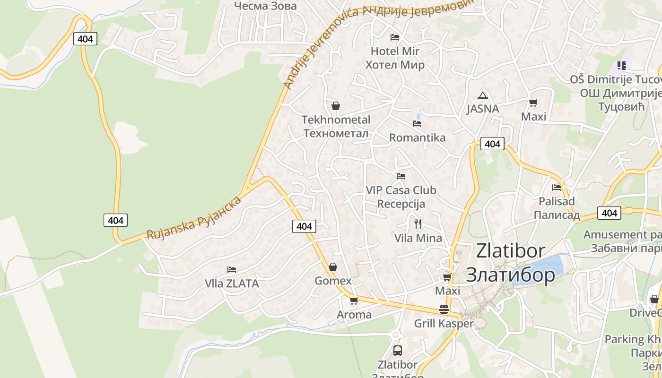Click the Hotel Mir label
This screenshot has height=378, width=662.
(x=395, y=51)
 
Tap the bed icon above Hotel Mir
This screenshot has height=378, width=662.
(x=395, y=37)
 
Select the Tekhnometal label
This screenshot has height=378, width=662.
(x=336, y=120)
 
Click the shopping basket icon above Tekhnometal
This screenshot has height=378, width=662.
(x=336, y=106)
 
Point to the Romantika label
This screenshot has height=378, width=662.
(x=417, y=137)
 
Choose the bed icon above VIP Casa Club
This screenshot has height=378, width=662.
(x=401, y=176)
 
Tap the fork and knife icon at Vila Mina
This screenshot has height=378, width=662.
(x=418, y=223)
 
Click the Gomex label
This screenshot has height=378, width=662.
(x=333, y=281)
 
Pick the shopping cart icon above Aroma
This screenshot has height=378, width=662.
(x=354, y=301)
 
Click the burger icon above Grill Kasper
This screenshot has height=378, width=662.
(x=444, y=309)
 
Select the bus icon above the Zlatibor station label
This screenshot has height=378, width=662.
(x=398, y=351)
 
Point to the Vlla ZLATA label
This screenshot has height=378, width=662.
(x=232, y=283)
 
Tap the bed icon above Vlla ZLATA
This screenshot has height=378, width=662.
(x=232, y=270)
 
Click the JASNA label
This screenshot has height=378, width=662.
(x=482, y=109)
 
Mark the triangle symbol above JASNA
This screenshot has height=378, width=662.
(x=482, y=95)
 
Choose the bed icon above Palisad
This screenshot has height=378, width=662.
(x=557, y=188)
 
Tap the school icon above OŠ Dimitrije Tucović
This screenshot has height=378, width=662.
(x=621, y=66)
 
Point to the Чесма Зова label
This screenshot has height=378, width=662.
(x=265, y=6)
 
